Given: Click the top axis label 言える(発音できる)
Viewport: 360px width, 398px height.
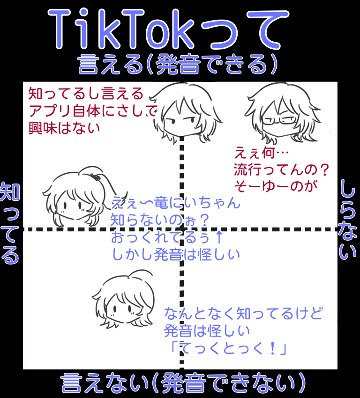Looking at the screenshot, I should (178, 65).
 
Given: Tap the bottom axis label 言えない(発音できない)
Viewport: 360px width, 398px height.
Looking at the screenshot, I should (183, 383).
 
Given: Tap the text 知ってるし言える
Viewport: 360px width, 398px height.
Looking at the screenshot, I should (85, 94).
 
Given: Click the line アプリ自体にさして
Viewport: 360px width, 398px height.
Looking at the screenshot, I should (92, 111).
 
